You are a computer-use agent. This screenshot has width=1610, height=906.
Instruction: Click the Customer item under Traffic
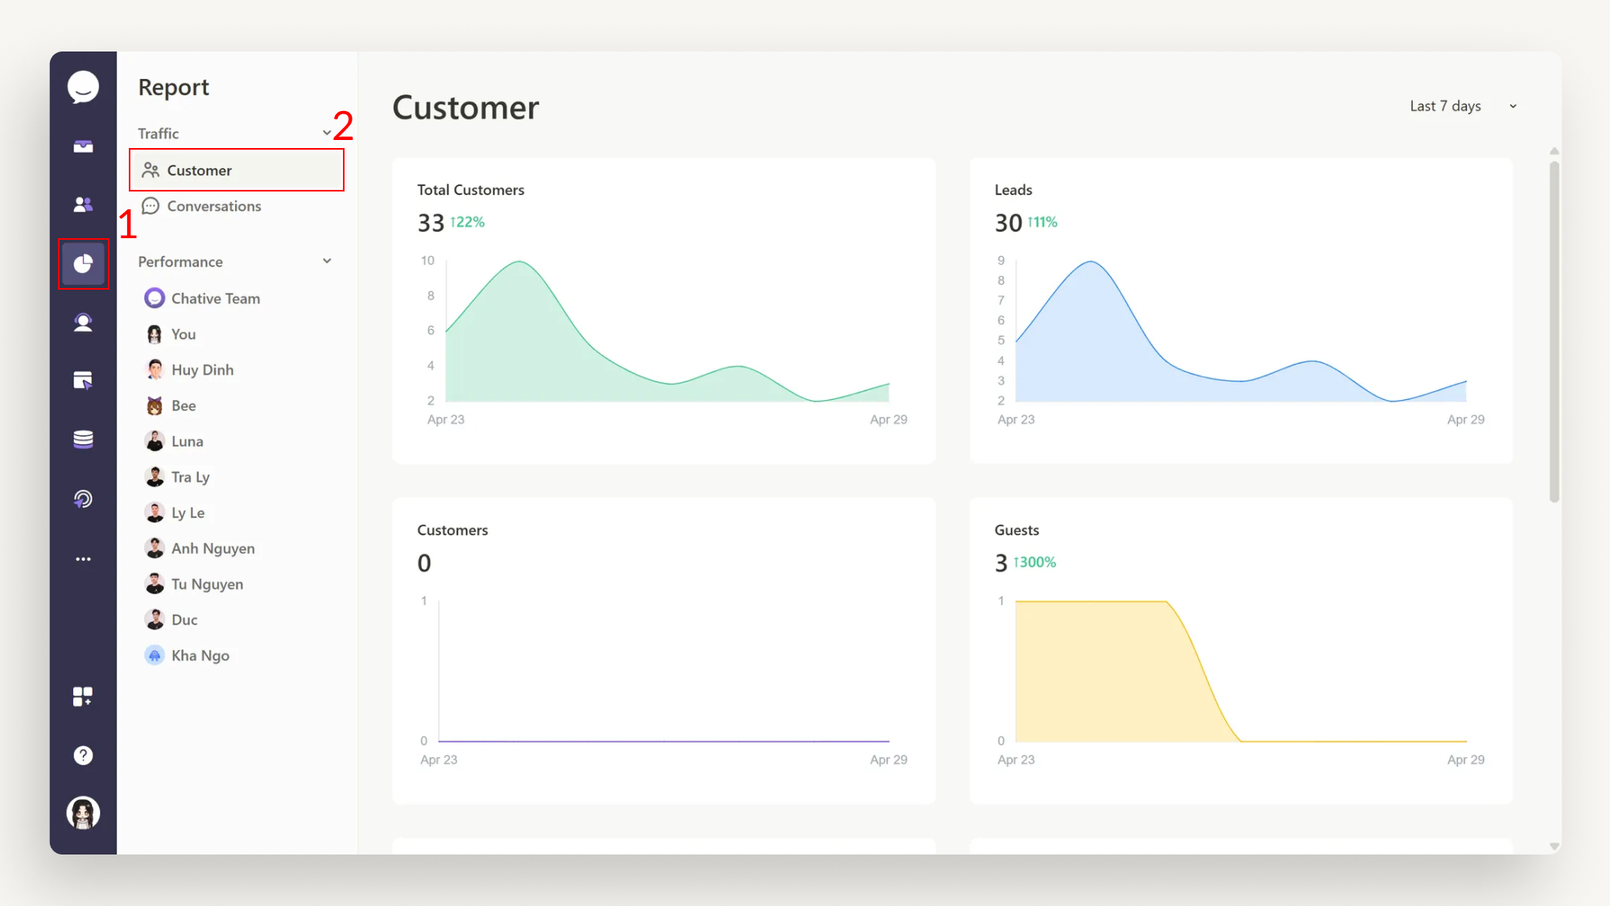coord(199,171)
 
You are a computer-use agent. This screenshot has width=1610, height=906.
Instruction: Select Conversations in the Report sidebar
coord(213,206)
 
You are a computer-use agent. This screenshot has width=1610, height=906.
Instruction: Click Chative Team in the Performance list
coord(215,299)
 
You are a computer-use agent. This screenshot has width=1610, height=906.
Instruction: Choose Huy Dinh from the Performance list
coord(202,370)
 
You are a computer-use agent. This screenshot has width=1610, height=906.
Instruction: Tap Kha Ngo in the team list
coord(200,656)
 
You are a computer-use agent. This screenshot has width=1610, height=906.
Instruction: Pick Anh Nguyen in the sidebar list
coord(213,549)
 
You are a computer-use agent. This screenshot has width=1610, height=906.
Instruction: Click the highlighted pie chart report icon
coord(83,264)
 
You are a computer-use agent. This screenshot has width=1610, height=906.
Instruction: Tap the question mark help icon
coord(83,756)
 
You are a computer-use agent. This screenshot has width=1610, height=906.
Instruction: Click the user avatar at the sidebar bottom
coord(83,813)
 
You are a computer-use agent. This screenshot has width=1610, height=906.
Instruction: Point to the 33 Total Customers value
coord(431,223)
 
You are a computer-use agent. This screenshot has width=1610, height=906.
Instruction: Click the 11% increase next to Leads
coord(1042,222)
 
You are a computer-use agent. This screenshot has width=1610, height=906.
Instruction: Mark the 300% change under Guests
coord(1034,562)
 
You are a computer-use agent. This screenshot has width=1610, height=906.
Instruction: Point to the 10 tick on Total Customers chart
coord(427,261)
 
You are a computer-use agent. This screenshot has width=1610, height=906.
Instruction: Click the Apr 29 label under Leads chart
coord(1465,419)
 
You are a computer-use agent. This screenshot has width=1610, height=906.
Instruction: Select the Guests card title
coord(1016,530)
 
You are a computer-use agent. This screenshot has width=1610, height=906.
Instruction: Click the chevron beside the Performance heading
coord(327,262)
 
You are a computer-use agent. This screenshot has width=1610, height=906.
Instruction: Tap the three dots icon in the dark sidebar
coord(83,559)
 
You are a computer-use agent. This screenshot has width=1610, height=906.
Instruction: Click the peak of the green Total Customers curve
coord(520,262)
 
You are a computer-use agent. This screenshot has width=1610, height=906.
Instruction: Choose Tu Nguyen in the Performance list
coord(207,584)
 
